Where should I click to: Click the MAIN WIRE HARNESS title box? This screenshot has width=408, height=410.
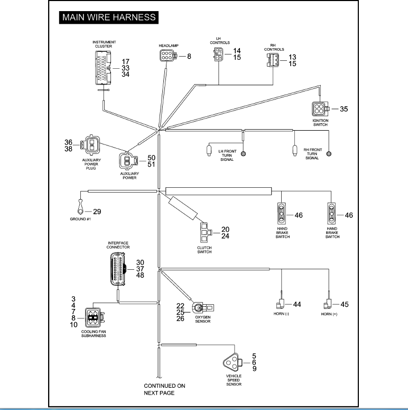pyautogui.click(x=109, y=17)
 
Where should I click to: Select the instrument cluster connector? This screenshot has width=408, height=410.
pyautogui.click(x=103, y=68)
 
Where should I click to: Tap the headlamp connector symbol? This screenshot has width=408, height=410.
pyautogui.click(x=168, y=56)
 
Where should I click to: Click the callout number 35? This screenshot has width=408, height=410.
pyautogui.click(x=344, y=109)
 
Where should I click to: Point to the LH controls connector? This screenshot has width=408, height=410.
pyautogui.click(x=219, y=54)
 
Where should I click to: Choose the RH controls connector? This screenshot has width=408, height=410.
pyautogui.click(x=273, y=60)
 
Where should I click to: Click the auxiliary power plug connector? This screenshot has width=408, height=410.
pyautogui.click(x=90, y=144)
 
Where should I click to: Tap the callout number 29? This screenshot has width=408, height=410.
pyautogui.click(x=97, y=212)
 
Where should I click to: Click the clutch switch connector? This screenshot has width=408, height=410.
pyautogui.click(x=206, y=232)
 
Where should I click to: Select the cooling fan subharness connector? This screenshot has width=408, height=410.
pyautogui.click(x=95, y=317)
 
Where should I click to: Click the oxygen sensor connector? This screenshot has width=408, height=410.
pyautogui.click(x=203, y=308)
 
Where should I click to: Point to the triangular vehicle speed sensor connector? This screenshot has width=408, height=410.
pyautogui.click(x=233, y=362)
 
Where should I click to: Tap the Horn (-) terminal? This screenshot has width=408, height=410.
pyautogui.click(x=280, y=304)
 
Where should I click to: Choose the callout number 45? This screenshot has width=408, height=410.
pyautogui.click(x=345, y=304)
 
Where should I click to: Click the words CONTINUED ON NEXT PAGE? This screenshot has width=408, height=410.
pyautogui.click(x=164, y=389)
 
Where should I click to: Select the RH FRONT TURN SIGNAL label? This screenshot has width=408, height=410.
pyautogui.click(x=312, y=154)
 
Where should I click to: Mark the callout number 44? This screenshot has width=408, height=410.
pyautogui.click(x=297, y=304)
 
